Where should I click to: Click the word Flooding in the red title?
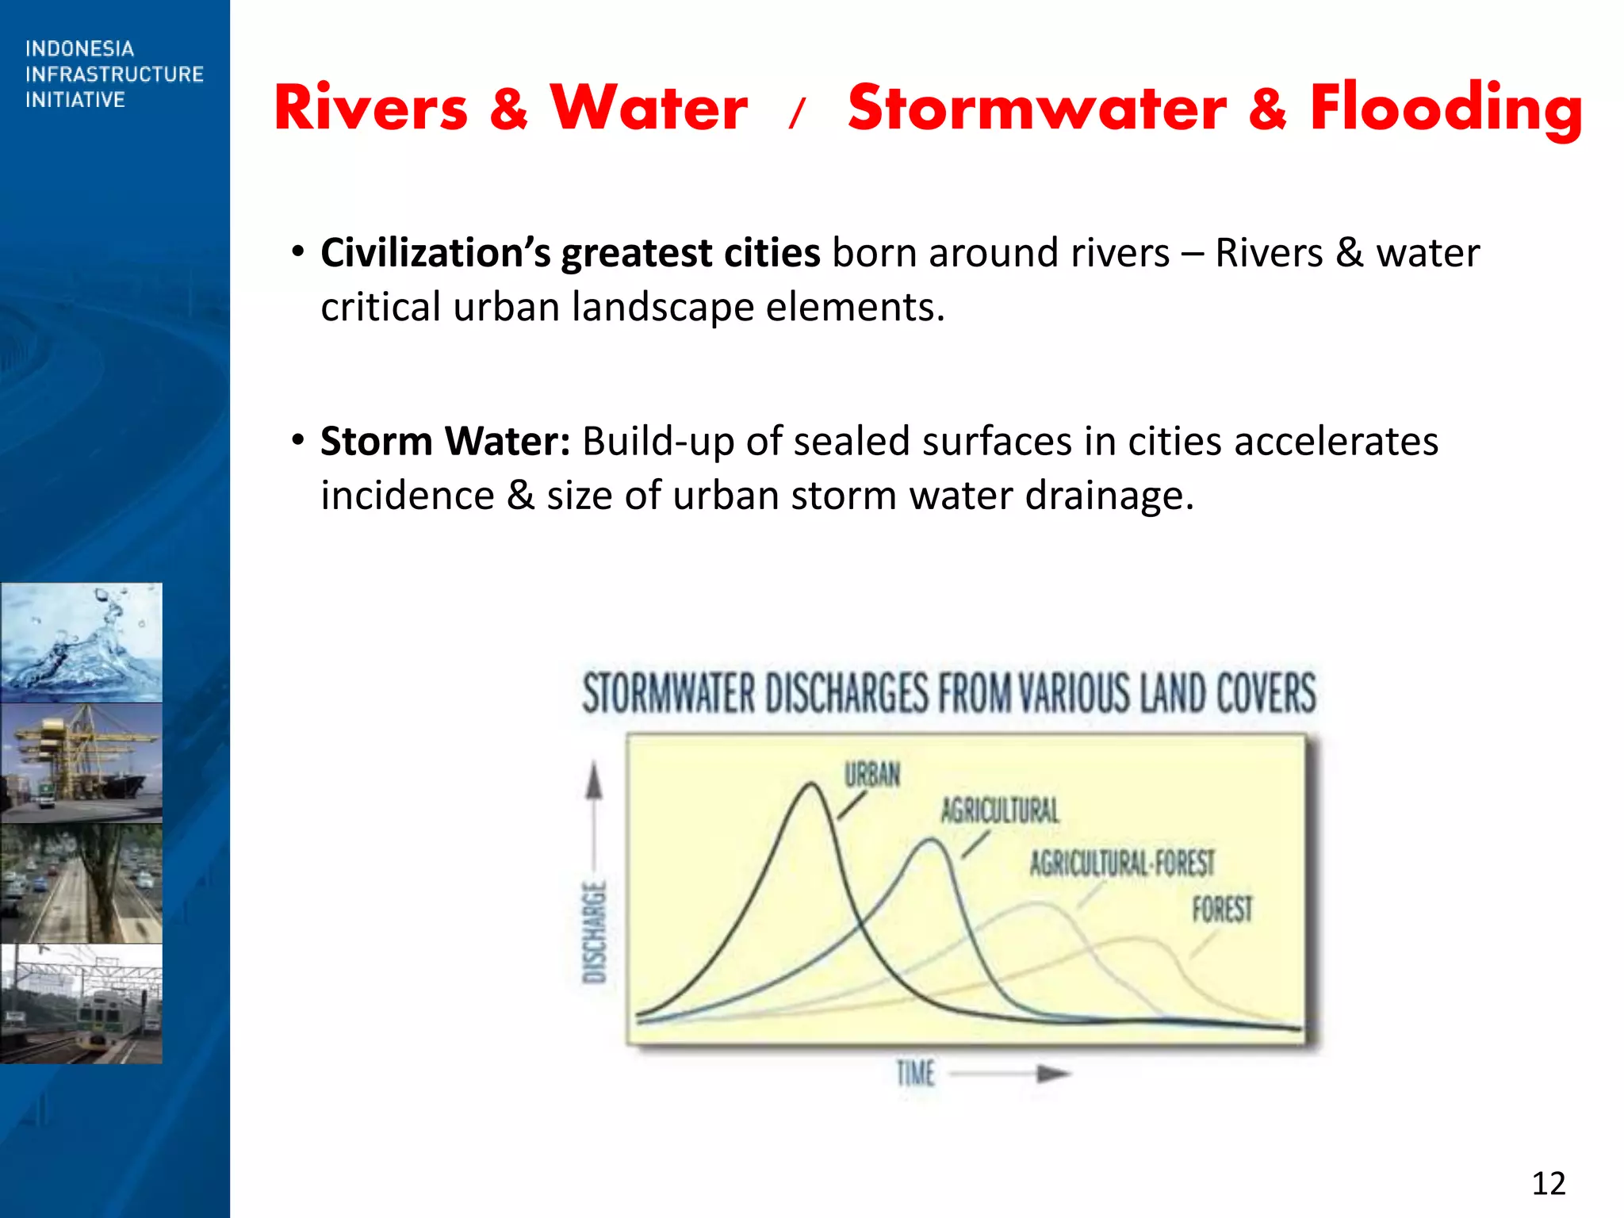1445,109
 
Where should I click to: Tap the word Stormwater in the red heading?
1036,109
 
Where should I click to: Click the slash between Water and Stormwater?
797,113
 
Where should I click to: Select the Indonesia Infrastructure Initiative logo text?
113,75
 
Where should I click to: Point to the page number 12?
1548,1183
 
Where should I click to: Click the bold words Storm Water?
445,442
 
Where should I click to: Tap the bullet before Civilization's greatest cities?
297,253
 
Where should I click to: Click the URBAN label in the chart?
871,775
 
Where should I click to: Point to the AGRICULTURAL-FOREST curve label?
1121,864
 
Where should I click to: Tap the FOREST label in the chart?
1222,910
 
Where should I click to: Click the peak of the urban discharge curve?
812,785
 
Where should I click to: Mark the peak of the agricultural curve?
933,841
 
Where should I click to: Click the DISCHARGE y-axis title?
595,932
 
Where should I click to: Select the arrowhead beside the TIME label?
1053,1074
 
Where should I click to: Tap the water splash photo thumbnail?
82,642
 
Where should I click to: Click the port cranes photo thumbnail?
82,762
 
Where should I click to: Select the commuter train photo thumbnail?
82,1003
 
